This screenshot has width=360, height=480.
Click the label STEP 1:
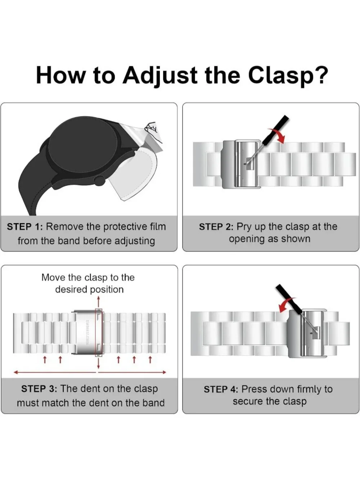pos(25,226)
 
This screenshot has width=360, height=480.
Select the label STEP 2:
pos(217,227)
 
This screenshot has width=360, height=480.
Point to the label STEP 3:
pos(39,389)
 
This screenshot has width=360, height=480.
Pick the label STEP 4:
pos(222,389)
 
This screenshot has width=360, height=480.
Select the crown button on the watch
pos(99,180)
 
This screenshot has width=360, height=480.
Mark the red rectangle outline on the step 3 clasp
pos(99,332)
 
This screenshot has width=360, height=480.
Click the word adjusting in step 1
pos(135,241)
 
